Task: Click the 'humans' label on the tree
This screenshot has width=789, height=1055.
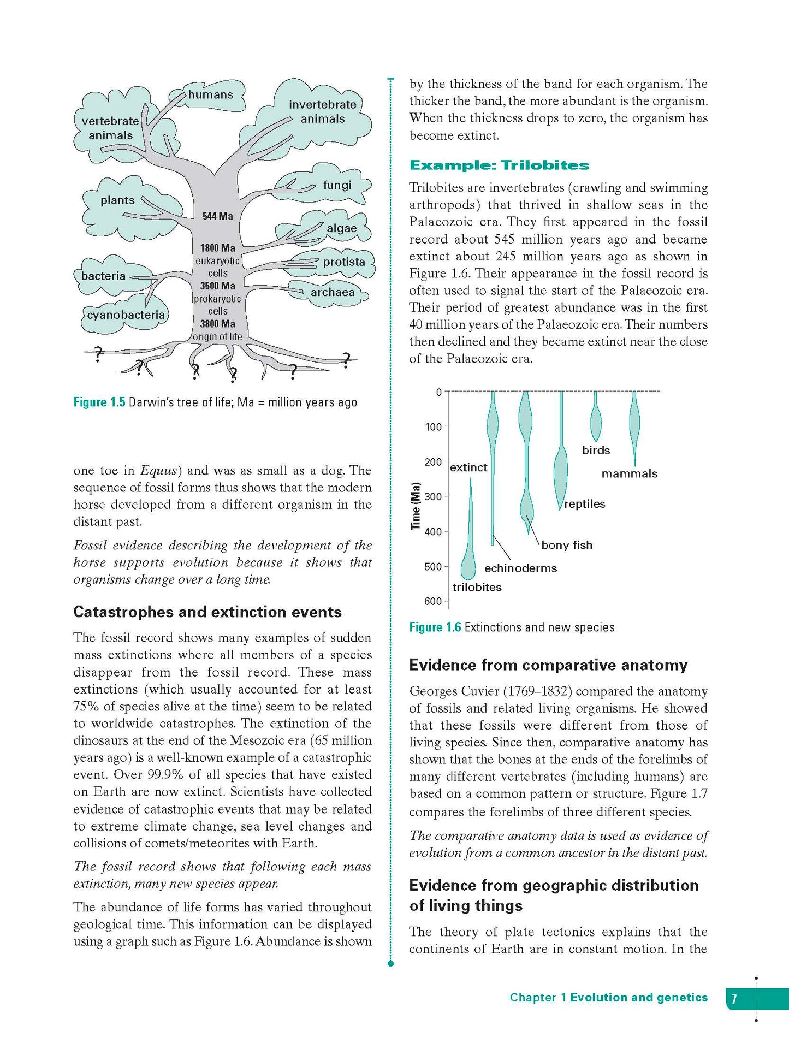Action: [x=210, y=95]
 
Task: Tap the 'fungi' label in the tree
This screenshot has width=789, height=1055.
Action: [x=337, y=185]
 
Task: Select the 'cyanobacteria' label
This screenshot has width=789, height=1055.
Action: [x=126, y=315]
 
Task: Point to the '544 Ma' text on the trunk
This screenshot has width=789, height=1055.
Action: [x=217, y=216]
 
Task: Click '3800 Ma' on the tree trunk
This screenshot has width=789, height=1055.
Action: [x=217, y=324]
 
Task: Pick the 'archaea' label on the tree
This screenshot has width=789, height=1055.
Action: [x=333, y=292]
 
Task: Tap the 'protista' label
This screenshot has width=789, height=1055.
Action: [x=344, y=262]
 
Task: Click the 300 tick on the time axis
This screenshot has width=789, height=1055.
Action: [x=433, y=497]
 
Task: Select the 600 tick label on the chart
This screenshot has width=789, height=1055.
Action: [x=432, y=602]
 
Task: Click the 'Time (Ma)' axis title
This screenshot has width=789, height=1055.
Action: [x=416, y=506]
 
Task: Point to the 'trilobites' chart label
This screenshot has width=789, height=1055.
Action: [x=477, y=588]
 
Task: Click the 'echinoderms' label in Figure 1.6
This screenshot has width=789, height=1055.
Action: [x=520, y=568]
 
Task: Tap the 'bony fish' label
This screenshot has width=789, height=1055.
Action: [x=567, y=545]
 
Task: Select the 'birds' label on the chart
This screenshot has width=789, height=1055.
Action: [x=596, y=451]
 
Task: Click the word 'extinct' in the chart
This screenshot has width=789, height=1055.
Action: [x=468, y=468]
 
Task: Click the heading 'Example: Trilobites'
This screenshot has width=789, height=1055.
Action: [x=499, y=165]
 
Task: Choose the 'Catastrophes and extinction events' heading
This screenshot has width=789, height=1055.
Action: [x=207, y=612]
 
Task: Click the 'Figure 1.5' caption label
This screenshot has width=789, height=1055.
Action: [x=99, y=402]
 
